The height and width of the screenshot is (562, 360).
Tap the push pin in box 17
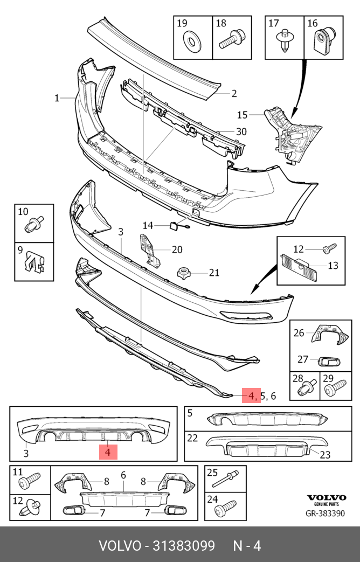285,40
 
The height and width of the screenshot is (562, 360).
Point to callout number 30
241,131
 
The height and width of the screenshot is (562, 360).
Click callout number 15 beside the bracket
243,115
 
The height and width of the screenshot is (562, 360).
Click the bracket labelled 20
149,250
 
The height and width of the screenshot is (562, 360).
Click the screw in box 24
225,507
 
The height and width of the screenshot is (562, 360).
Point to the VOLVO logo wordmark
326,497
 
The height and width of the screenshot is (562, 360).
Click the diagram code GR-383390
325,514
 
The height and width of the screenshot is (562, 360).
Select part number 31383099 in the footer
184,546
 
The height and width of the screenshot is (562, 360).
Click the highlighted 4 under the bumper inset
108,452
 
